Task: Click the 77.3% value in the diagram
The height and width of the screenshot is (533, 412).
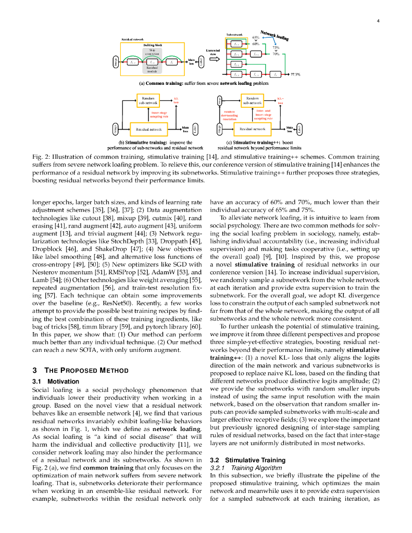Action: (x=295, y=74)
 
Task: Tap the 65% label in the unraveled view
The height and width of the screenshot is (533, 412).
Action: (x=256, y=38)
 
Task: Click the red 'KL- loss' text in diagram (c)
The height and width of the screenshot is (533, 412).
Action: (x=280, y=100)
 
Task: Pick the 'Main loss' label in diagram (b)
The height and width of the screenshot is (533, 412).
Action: (x=185, y=128)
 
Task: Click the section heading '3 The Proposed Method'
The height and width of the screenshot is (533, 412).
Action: (x=72, y=371)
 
